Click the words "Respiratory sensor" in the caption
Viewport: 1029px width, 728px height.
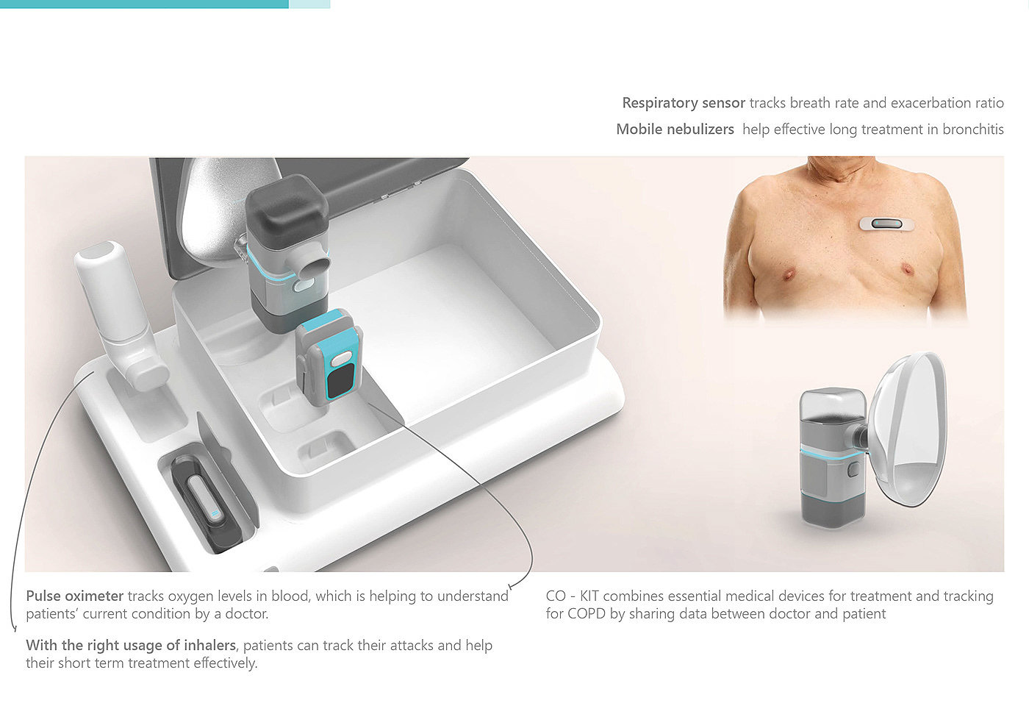[x=683, y=104]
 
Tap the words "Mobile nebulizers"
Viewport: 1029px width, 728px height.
[x=675, y=129]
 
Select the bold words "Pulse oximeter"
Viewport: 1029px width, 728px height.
[x=74, y=596]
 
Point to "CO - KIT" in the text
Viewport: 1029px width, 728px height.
[x=572, y=596]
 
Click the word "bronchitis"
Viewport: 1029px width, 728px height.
[x=973, y=129]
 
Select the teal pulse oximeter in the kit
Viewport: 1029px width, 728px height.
[x=330, y=357]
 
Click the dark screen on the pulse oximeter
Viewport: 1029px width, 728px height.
[x=339, y=382]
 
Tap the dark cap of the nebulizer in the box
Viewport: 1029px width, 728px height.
[x=287, y=207]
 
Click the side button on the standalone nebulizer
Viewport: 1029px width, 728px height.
[x=854, y=470]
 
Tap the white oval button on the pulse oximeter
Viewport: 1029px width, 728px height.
[x=341, y=359]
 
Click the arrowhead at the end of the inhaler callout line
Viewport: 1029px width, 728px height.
[x=14, y=628]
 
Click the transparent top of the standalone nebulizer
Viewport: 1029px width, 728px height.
[x=831, y=404]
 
